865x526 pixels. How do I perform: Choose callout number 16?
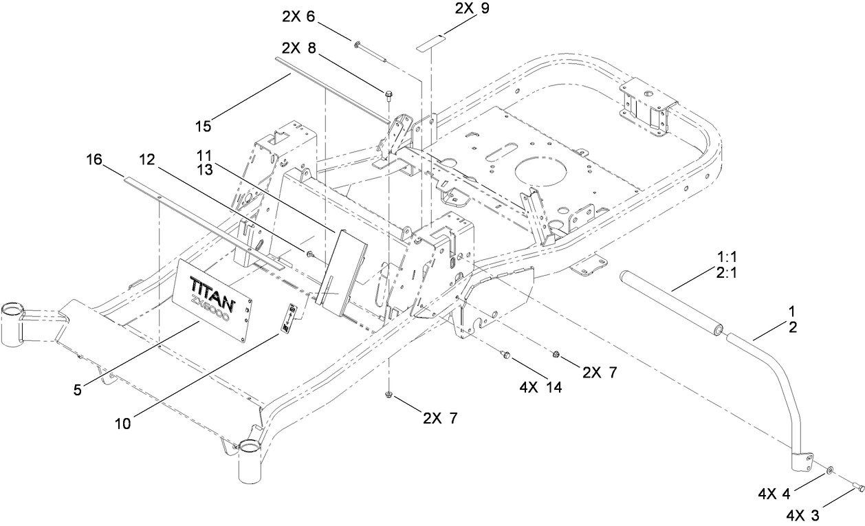point(94,160)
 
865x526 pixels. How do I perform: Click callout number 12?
point(147,160)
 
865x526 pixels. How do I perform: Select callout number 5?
point(78,389)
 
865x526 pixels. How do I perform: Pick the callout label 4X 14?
point(542,387)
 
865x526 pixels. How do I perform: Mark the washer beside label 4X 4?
point(831,470)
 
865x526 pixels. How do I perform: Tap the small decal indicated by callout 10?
point(288,320)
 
